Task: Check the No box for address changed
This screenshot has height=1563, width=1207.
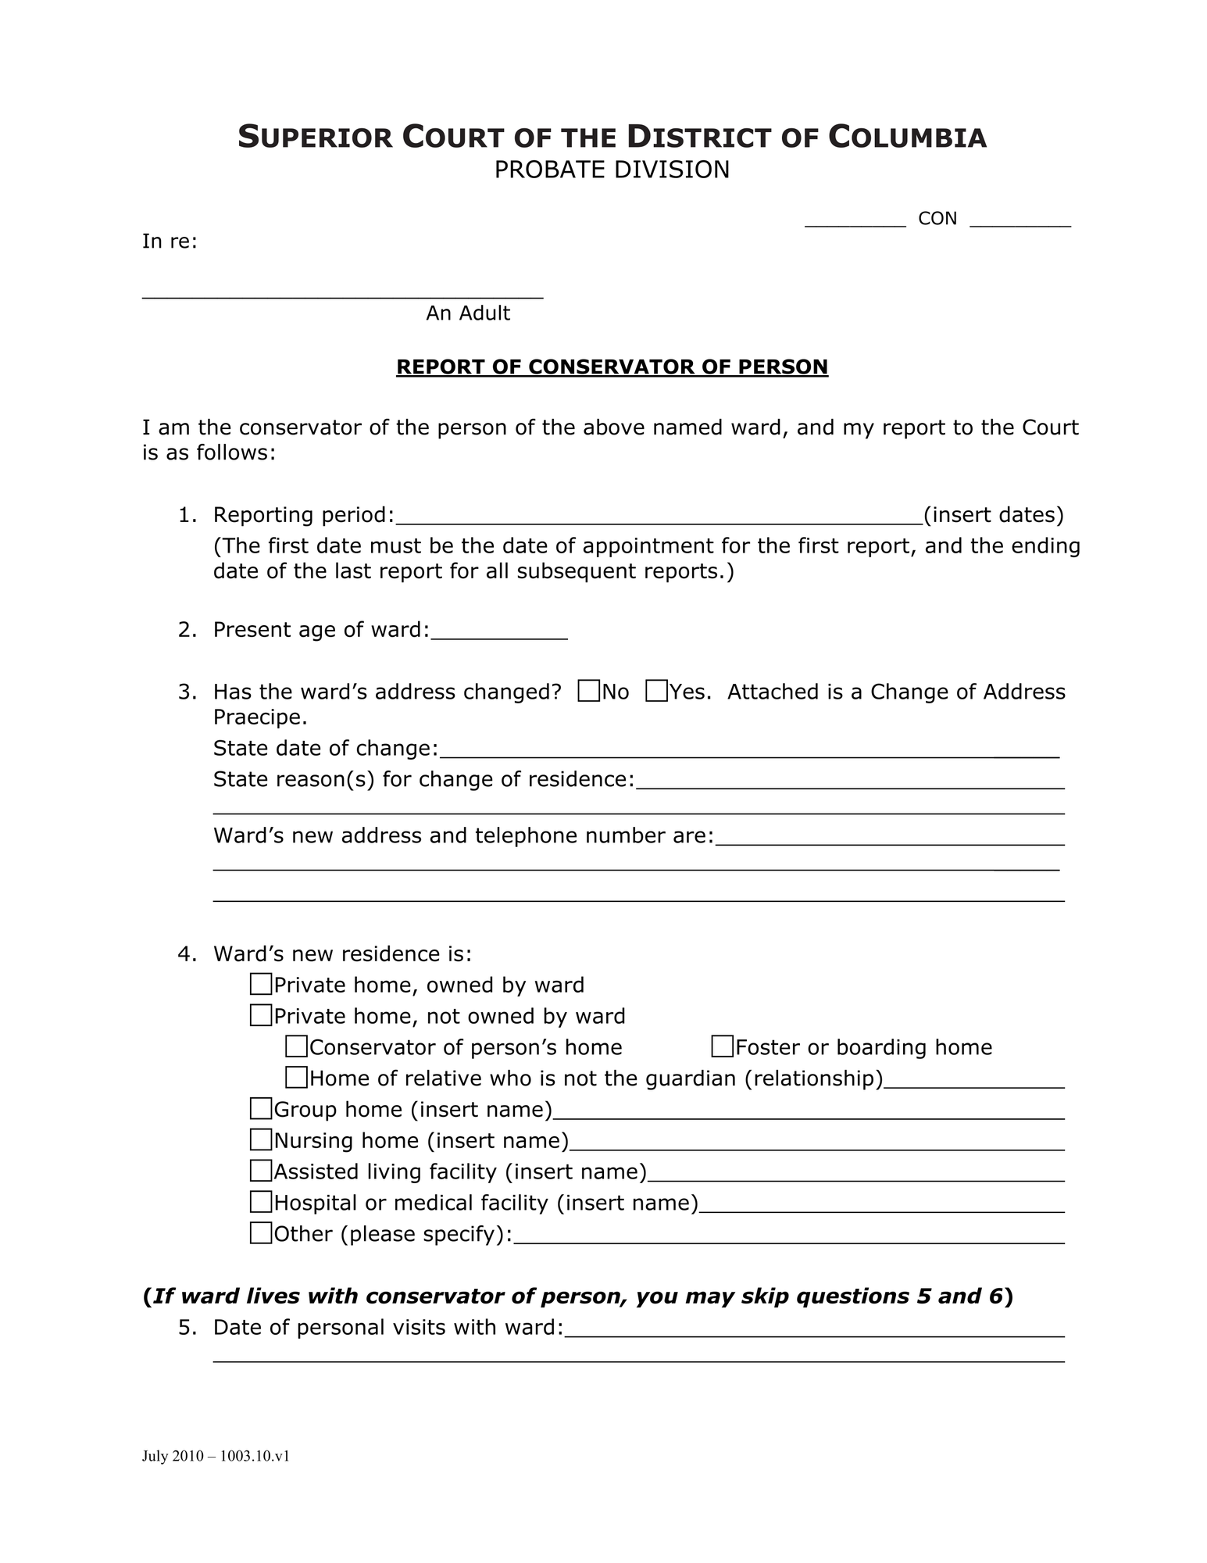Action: pos(589,692)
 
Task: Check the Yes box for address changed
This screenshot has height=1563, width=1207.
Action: pos(657,692)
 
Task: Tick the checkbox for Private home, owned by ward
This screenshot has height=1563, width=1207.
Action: pos(261,984)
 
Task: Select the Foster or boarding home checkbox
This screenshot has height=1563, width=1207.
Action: pos(723,1046)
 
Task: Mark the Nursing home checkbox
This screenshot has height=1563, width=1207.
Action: pos(261,1139)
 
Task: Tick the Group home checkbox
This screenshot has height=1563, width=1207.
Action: pos(261,1108)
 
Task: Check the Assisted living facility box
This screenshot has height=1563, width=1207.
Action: pos(261,1171)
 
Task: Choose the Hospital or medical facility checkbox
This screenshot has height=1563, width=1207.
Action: pos(261,1201)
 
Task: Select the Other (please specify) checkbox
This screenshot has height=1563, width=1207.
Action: pos(261,1232)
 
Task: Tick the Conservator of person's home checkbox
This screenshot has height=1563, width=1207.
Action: pos(296,1046)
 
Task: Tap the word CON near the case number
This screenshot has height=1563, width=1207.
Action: pos(937,219)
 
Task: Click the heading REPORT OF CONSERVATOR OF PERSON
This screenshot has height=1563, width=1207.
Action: pos(612,367)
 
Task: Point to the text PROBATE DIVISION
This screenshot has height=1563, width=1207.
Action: pos(612,170)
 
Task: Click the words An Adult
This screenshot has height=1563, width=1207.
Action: pos(467,313)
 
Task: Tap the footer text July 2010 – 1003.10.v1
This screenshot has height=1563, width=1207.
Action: pos(216,1456)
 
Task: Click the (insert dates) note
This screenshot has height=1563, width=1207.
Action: pos(993,515)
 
